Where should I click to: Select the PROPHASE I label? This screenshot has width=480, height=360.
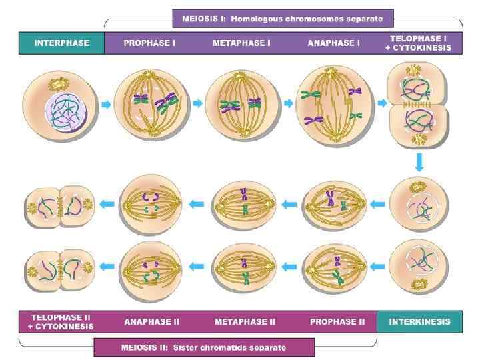pos(151,43)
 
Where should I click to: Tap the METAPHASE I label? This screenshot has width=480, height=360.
pos(241,43)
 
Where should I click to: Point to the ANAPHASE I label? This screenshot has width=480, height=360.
pos(333,43)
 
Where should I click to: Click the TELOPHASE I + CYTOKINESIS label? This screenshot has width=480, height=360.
pos(420,43)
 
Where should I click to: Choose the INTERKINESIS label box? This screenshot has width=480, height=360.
pos(419,321)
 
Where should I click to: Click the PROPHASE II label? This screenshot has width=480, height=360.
pos(337,321)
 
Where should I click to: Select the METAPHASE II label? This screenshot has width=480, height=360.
pos(245,321)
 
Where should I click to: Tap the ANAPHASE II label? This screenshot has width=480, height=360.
pos(151,321)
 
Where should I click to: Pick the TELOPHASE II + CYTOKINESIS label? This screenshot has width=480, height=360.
pos(60,321)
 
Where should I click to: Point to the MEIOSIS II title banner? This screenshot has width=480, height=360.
pos(203,347)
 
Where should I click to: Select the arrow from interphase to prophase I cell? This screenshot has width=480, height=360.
pos(107,104)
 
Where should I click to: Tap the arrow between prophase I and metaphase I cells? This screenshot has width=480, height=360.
pos(197,103)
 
